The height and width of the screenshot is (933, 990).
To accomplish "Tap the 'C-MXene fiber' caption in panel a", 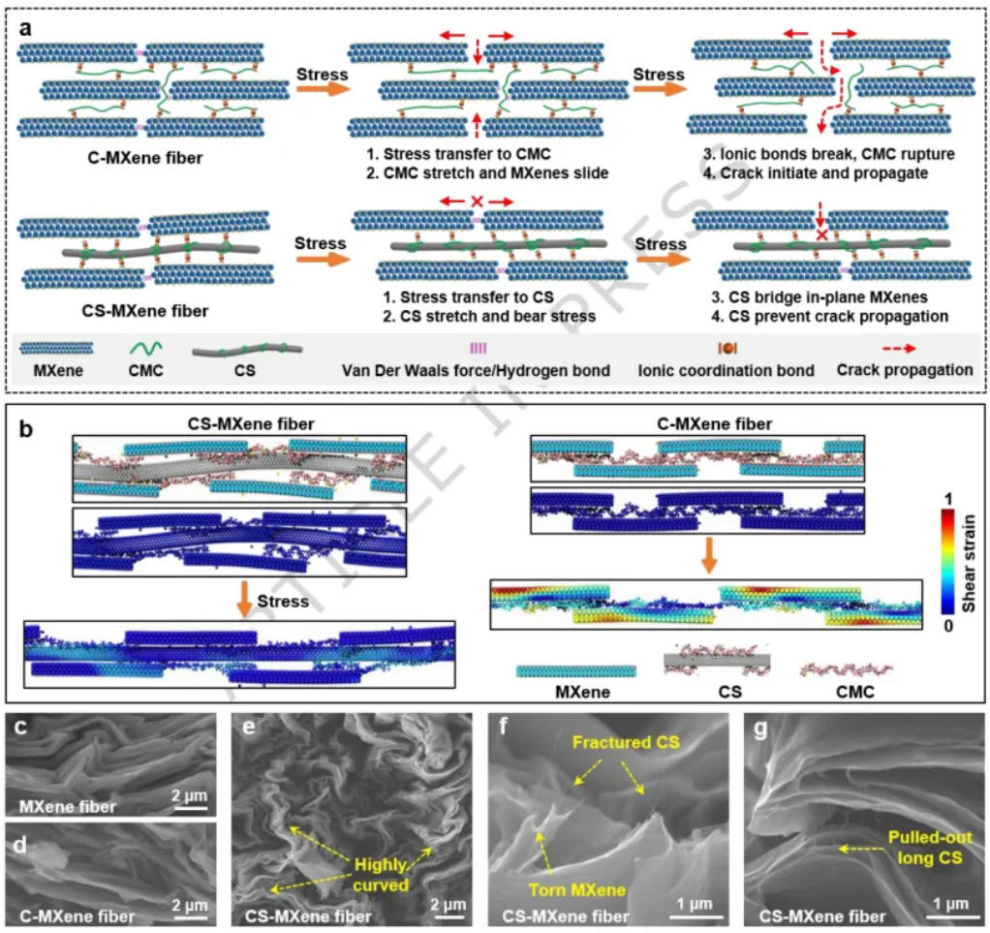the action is (x=145, y=158).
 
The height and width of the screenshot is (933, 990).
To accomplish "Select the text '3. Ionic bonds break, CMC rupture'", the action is (x=829, y=154).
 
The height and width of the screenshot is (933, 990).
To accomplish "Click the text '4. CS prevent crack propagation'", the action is (x=829, y=317).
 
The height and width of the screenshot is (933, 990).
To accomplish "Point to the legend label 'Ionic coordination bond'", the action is (x=727, y=371).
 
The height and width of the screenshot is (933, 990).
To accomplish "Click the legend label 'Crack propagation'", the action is (x=905, y=370).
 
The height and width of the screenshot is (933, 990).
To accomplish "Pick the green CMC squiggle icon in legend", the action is (x=146, y=348).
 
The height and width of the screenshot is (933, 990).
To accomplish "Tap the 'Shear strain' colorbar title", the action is (x=969, y=563).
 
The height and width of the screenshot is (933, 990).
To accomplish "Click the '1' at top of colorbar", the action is (x=948, y=500).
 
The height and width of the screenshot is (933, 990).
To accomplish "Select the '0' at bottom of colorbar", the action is (x=948, y=626).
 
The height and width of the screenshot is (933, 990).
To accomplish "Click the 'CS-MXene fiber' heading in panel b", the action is (x=251, y=423).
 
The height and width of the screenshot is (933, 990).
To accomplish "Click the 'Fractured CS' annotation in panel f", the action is (x=626, y=742).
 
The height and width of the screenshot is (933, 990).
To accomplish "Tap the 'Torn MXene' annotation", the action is (x=577, y=890).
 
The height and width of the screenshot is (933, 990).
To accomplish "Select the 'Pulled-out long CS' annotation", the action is (x=929, y=847).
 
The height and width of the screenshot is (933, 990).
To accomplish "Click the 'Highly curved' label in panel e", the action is (x=381, y=875).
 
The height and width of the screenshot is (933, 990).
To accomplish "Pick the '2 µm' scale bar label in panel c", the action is (x=190, y=795).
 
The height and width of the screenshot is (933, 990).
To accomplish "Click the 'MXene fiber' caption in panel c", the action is (x=68, y=807).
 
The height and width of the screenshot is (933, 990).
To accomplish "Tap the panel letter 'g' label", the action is (x=760, y=729).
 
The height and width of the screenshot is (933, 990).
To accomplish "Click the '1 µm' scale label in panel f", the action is (x=695, y=904).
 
